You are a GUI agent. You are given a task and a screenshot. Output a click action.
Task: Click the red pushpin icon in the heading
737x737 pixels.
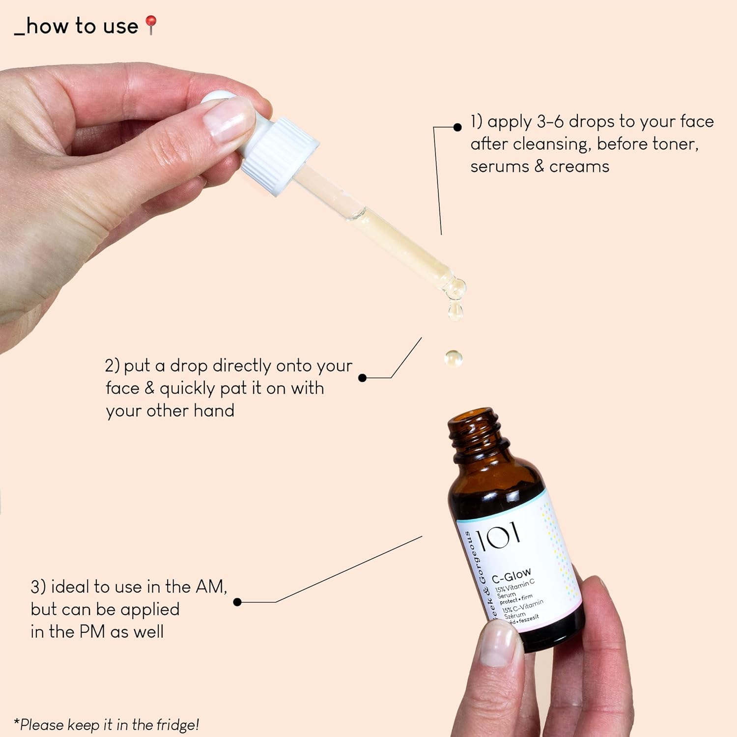click(151, 24)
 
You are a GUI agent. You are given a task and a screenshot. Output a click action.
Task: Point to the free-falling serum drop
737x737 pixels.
click(453, 358)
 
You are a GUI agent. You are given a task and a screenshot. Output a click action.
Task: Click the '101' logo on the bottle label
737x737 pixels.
click(498, 537)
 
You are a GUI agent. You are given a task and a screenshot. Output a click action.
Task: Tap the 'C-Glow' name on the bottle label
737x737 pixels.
click(511, 575)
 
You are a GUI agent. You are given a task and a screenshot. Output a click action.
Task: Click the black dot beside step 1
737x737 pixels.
click(457, 127)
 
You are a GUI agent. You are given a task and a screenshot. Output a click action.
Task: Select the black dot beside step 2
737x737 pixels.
click(363, 378)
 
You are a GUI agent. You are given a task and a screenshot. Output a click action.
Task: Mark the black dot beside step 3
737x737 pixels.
click(237, 602)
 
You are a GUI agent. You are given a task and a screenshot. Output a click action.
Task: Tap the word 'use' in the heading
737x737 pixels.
click(120, 26)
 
